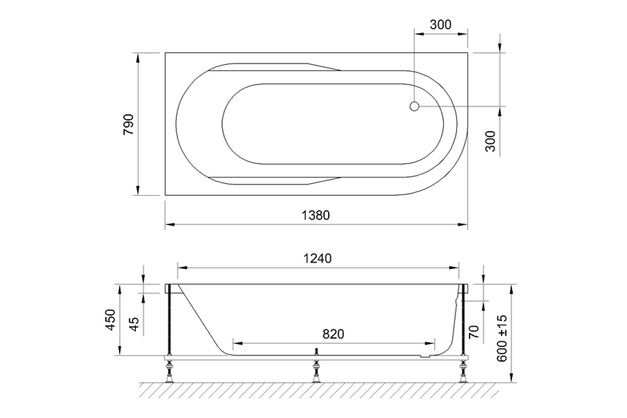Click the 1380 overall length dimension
316,215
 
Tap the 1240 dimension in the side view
317,258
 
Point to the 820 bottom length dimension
333,334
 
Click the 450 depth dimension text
110,319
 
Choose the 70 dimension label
474,332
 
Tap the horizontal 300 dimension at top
441,25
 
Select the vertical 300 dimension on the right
490,141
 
